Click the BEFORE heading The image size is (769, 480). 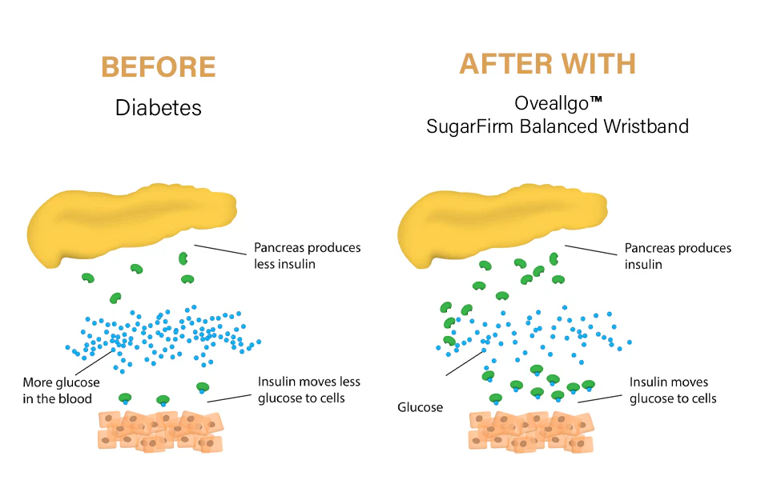pos(159,67)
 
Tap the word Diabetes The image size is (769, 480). pos(159,107)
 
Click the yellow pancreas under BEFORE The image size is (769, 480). pos(128,220)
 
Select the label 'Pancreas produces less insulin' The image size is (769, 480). pos(307,255)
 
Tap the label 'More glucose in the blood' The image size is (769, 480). pos(61,390)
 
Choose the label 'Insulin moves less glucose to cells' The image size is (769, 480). pos(308,390)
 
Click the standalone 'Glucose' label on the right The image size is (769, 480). pos(420,407)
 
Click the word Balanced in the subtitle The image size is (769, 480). pos(567,126)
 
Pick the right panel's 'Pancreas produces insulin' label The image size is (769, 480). pos(678,255)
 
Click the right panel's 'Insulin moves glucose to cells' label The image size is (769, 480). pos(673,390)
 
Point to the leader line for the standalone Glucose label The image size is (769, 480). pos(465,362)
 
